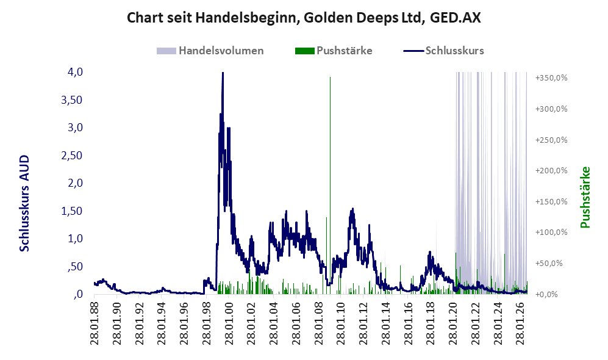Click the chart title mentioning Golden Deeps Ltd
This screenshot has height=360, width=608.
click(304, 18)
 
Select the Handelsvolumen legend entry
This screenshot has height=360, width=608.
click(210, 51)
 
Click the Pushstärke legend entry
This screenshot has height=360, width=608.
click(334, 51)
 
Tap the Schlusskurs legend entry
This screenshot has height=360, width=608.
click(443, 51)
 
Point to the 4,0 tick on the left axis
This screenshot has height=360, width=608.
click(75, 72)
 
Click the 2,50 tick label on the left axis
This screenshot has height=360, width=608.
click(72, 156)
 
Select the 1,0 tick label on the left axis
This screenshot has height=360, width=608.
click(75, 239)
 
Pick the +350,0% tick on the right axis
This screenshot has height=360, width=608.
click(551, 78)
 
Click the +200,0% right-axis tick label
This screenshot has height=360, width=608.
click(551, 171)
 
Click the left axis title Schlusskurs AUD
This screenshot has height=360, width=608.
click(24, 203)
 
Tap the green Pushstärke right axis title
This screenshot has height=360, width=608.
click(585, 198)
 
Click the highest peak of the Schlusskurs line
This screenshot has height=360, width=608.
click(223, 73)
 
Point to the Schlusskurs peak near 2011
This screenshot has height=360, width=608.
click(352, 209)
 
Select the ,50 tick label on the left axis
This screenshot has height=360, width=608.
click(75, 267)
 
